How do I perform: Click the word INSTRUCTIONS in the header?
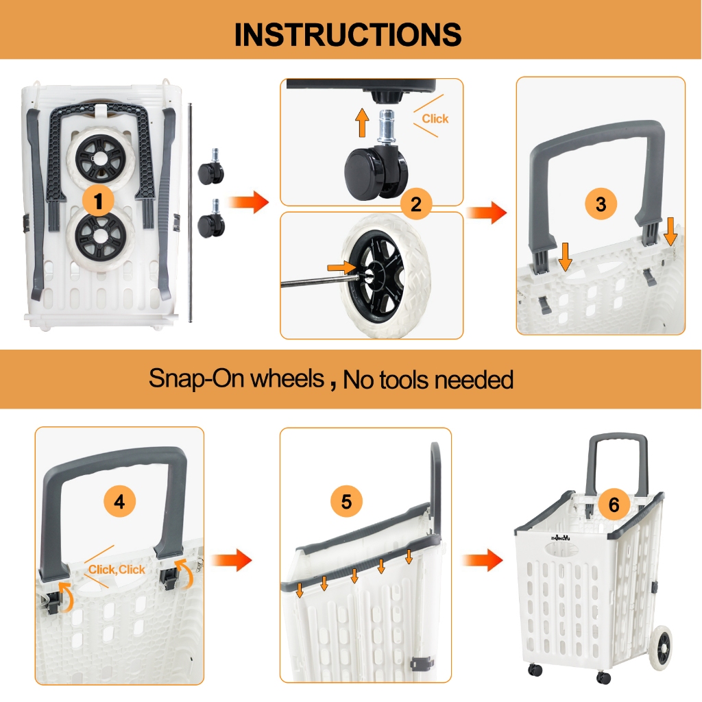[348, 34]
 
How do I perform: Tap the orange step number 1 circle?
[99, 201]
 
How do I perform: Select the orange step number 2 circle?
[416, 204]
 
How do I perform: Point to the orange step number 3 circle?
[601, 204]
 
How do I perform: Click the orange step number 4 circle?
[119, 502]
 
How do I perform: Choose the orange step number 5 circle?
[346, 501]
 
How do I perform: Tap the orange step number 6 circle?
[614, 505]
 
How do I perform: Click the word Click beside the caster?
[435, 119]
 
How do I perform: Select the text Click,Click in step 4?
[117, 570]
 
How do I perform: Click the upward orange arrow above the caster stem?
[362, 123]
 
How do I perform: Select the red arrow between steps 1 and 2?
[248, 202]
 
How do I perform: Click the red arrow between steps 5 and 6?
[483, 560]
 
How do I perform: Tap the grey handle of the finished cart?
[616, 465]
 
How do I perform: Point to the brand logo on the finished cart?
[561, 538]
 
